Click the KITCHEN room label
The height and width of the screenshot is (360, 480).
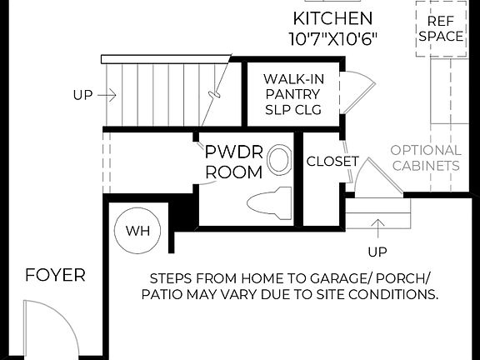332,18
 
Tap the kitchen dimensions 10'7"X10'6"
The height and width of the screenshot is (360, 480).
332,38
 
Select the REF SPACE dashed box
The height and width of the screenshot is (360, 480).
441,28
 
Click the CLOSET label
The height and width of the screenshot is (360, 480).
332,161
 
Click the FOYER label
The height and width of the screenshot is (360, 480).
55,275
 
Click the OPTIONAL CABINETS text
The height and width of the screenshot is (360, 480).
425,157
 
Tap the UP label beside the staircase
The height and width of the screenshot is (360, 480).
82,95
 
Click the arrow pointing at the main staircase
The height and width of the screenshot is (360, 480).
107,95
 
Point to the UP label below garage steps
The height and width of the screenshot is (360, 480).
377,251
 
